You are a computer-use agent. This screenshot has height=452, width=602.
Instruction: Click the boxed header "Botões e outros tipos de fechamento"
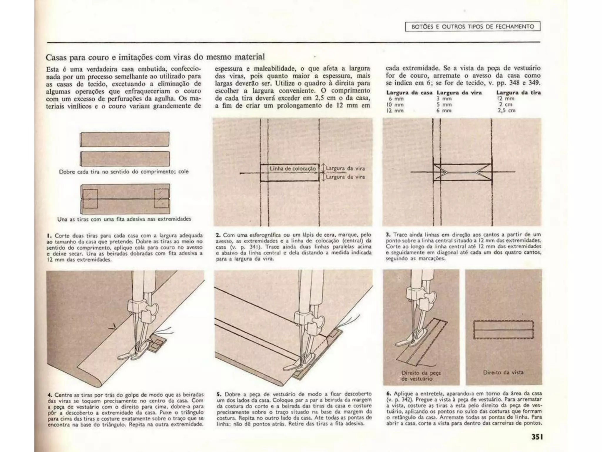473,26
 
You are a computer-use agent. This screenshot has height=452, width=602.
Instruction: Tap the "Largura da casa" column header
409,93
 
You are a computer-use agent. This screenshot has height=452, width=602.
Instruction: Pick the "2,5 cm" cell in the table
506,111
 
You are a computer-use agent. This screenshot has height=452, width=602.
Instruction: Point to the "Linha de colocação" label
293,169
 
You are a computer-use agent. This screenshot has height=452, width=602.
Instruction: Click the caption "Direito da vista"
503,372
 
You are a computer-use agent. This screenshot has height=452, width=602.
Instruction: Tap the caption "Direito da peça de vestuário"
421,376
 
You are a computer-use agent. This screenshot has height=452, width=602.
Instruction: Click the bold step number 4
50,395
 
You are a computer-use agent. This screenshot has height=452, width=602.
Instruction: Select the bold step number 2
218,235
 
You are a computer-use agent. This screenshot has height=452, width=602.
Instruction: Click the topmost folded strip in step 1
125,139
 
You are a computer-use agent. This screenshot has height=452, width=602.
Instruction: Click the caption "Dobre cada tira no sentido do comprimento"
124,172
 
